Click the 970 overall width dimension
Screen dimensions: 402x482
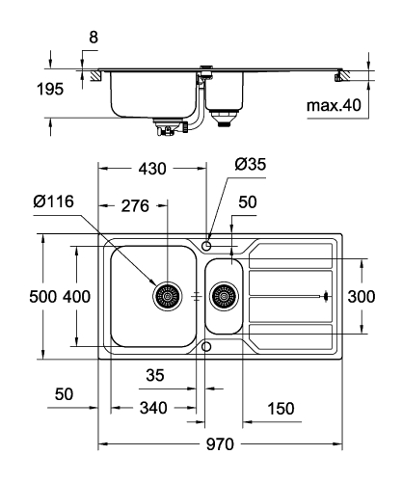(220, 444)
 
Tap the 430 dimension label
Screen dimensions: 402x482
(152, 169)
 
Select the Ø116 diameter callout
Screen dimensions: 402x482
(53, 201)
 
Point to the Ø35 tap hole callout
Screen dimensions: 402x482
(251, 164)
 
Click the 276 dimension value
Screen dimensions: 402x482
(135, 206)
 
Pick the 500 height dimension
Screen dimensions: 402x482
(43, 296)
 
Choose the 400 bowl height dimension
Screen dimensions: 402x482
(76, 296)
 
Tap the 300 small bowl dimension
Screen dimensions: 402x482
(362, 296)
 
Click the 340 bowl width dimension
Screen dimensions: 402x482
(153, 408)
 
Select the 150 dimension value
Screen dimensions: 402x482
(281, 409)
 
